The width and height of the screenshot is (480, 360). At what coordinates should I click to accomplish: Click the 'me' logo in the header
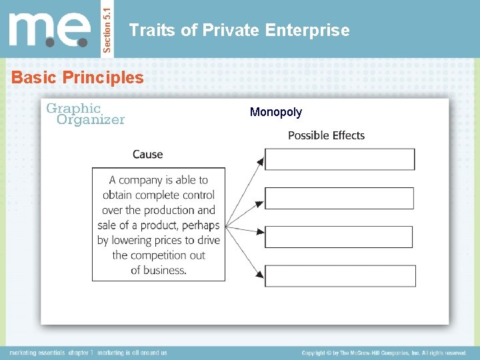51,30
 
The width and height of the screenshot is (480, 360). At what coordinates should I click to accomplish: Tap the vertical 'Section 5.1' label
109,29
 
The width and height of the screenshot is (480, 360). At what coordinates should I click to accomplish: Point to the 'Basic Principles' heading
77,77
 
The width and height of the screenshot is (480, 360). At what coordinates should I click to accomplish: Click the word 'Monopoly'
275,112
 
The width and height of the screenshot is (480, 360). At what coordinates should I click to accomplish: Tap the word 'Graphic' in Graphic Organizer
73,108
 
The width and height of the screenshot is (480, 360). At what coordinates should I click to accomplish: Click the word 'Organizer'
91,120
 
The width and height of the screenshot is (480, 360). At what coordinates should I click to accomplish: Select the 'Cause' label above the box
147,154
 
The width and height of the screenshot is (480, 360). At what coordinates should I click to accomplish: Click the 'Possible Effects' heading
326,135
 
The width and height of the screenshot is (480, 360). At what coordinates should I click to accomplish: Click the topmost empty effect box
339,159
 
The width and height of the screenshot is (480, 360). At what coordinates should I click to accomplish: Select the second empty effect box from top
339,198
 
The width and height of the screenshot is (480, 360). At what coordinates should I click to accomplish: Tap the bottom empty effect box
340,276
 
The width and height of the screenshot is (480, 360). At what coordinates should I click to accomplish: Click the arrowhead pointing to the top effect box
261,160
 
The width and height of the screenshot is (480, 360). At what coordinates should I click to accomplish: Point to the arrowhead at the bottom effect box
261,273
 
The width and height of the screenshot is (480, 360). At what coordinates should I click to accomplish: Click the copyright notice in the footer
383,353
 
